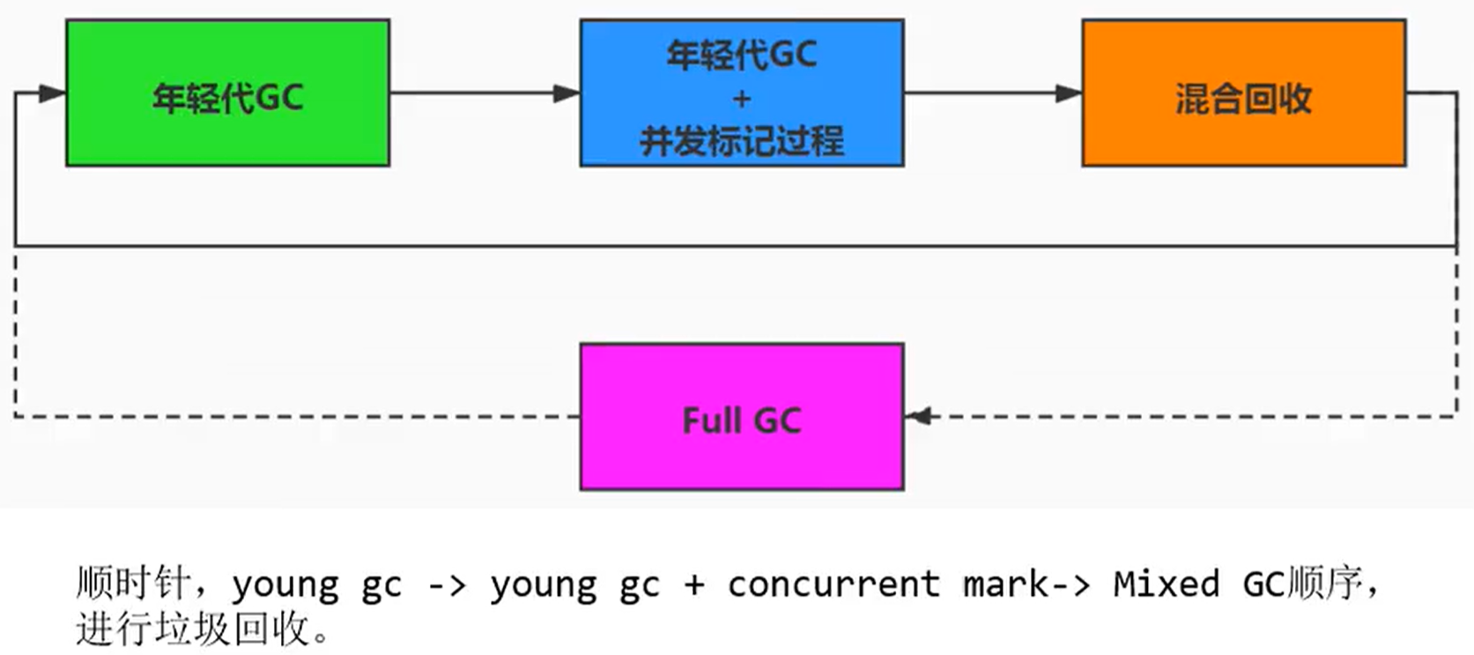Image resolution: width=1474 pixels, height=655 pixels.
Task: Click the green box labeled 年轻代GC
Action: coord(227,93)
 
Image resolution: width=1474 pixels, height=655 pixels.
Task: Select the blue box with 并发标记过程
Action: coord(741,93)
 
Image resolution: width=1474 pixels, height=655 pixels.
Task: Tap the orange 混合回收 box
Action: coord(1243,93)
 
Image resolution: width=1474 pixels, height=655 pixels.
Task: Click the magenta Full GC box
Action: coord(741,416)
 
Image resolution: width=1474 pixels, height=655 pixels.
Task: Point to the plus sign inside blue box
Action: coord(741,99)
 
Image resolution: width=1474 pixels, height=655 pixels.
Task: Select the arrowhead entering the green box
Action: coord(53,93)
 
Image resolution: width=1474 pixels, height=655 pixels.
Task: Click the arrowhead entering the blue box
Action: coord(567,93)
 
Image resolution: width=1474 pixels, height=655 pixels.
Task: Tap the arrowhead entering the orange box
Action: coord(1068,93)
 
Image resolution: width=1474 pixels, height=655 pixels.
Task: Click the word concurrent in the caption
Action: coord(833,584)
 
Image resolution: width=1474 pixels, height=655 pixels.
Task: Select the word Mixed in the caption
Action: coord(1166,584)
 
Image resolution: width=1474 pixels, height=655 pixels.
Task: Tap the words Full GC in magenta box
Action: coord(741,421)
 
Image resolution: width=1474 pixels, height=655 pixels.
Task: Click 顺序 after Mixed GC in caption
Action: coord(1325,584)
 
